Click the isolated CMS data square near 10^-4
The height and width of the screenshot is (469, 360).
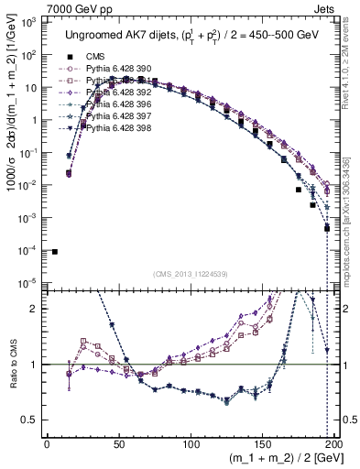(x=54, y=252)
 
